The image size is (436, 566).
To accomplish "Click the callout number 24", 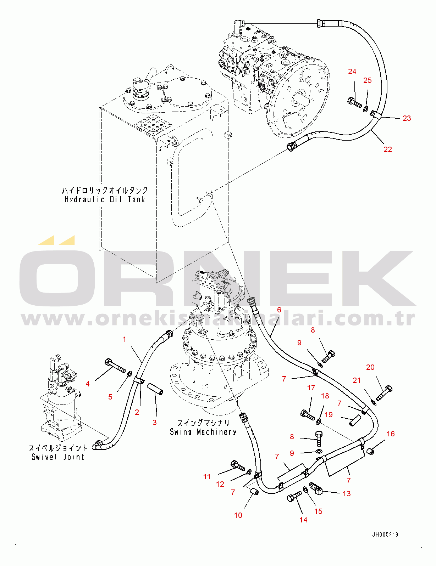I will [x=352, y=72].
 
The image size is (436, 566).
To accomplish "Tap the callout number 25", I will [x=367, y=80].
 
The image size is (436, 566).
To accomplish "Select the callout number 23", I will [x=407, y=118].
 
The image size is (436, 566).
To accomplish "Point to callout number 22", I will [x=387, y=149].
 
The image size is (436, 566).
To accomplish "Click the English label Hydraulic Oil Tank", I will [x=105, y=199].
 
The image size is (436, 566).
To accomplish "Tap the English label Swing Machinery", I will [x=203, y=432].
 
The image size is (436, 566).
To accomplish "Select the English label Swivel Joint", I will [x=58, y=457].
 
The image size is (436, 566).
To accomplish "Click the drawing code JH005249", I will [x=385, y=534].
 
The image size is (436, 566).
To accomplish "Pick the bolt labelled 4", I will [x=115, y=366].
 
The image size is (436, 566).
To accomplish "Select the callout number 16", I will [x=390, y=434].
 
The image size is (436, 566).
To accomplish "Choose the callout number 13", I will [x=346, y=494].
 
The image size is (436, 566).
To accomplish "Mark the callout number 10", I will [x=238, y=515].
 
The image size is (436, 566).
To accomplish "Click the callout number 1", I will [x=125, y=339].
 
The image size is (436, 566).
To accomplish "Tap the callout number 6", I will [x=279, y=310].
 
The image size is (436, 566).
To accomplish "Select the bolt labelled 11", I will [x=238, y=465].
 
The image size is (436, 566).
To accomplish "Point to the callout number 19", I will [x=329, y=415].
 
